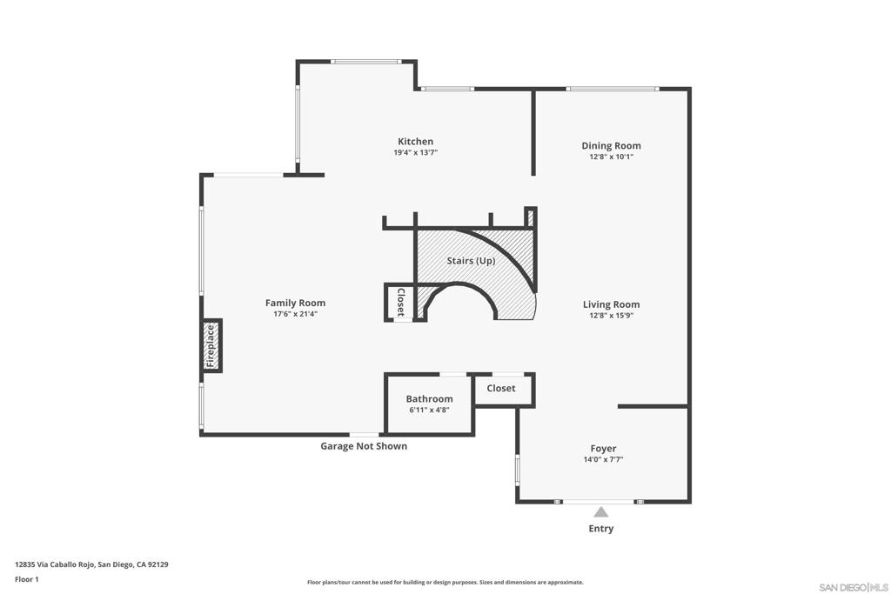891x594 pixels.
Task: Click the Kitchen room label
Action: coord(415,142)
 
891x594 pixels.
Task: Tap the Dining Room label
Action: coord(611,146)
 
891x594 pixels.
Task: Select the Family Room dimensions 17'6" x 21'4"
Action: coord(295,314)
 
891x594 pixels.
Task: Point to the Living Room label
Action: coord(611,304)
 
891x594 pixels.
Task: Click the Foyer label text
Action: coord(603,449)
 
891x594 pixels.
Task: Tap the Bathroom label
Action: coord(429,399)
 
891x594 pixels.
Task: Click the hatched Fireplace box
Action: coord(211,345)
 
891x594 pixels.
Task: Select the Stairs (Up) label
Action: coord(471,261)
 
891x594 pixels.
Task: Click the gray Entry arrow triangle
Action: coord(600,512)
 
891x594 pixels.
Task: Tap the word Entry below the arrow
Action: coord(600,529)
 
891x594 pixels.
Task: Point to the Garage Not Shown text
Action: coord(364,446)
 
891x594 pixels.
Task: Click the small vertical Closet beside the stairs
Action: coord(400,302)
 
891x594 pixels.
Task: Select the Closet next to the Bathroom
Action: coord(501,389)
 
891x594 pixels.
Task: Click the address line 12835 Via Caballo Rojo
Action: coord(91,564)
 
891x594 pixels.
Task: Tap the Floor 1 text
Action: coord(27,579)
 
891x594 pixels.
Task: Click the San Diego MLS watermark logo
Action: coord(854,586)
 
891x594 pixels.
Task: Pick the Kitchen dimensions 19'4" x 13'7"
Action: coord(415,152)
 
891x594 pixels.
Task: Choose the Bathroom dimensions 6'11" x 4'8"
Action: coord(429,410)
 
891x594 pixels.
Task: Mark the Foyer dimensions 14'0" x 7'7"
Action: coord(603,459)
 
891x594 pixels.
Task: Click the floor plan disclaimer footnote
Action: coord(445,583)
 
